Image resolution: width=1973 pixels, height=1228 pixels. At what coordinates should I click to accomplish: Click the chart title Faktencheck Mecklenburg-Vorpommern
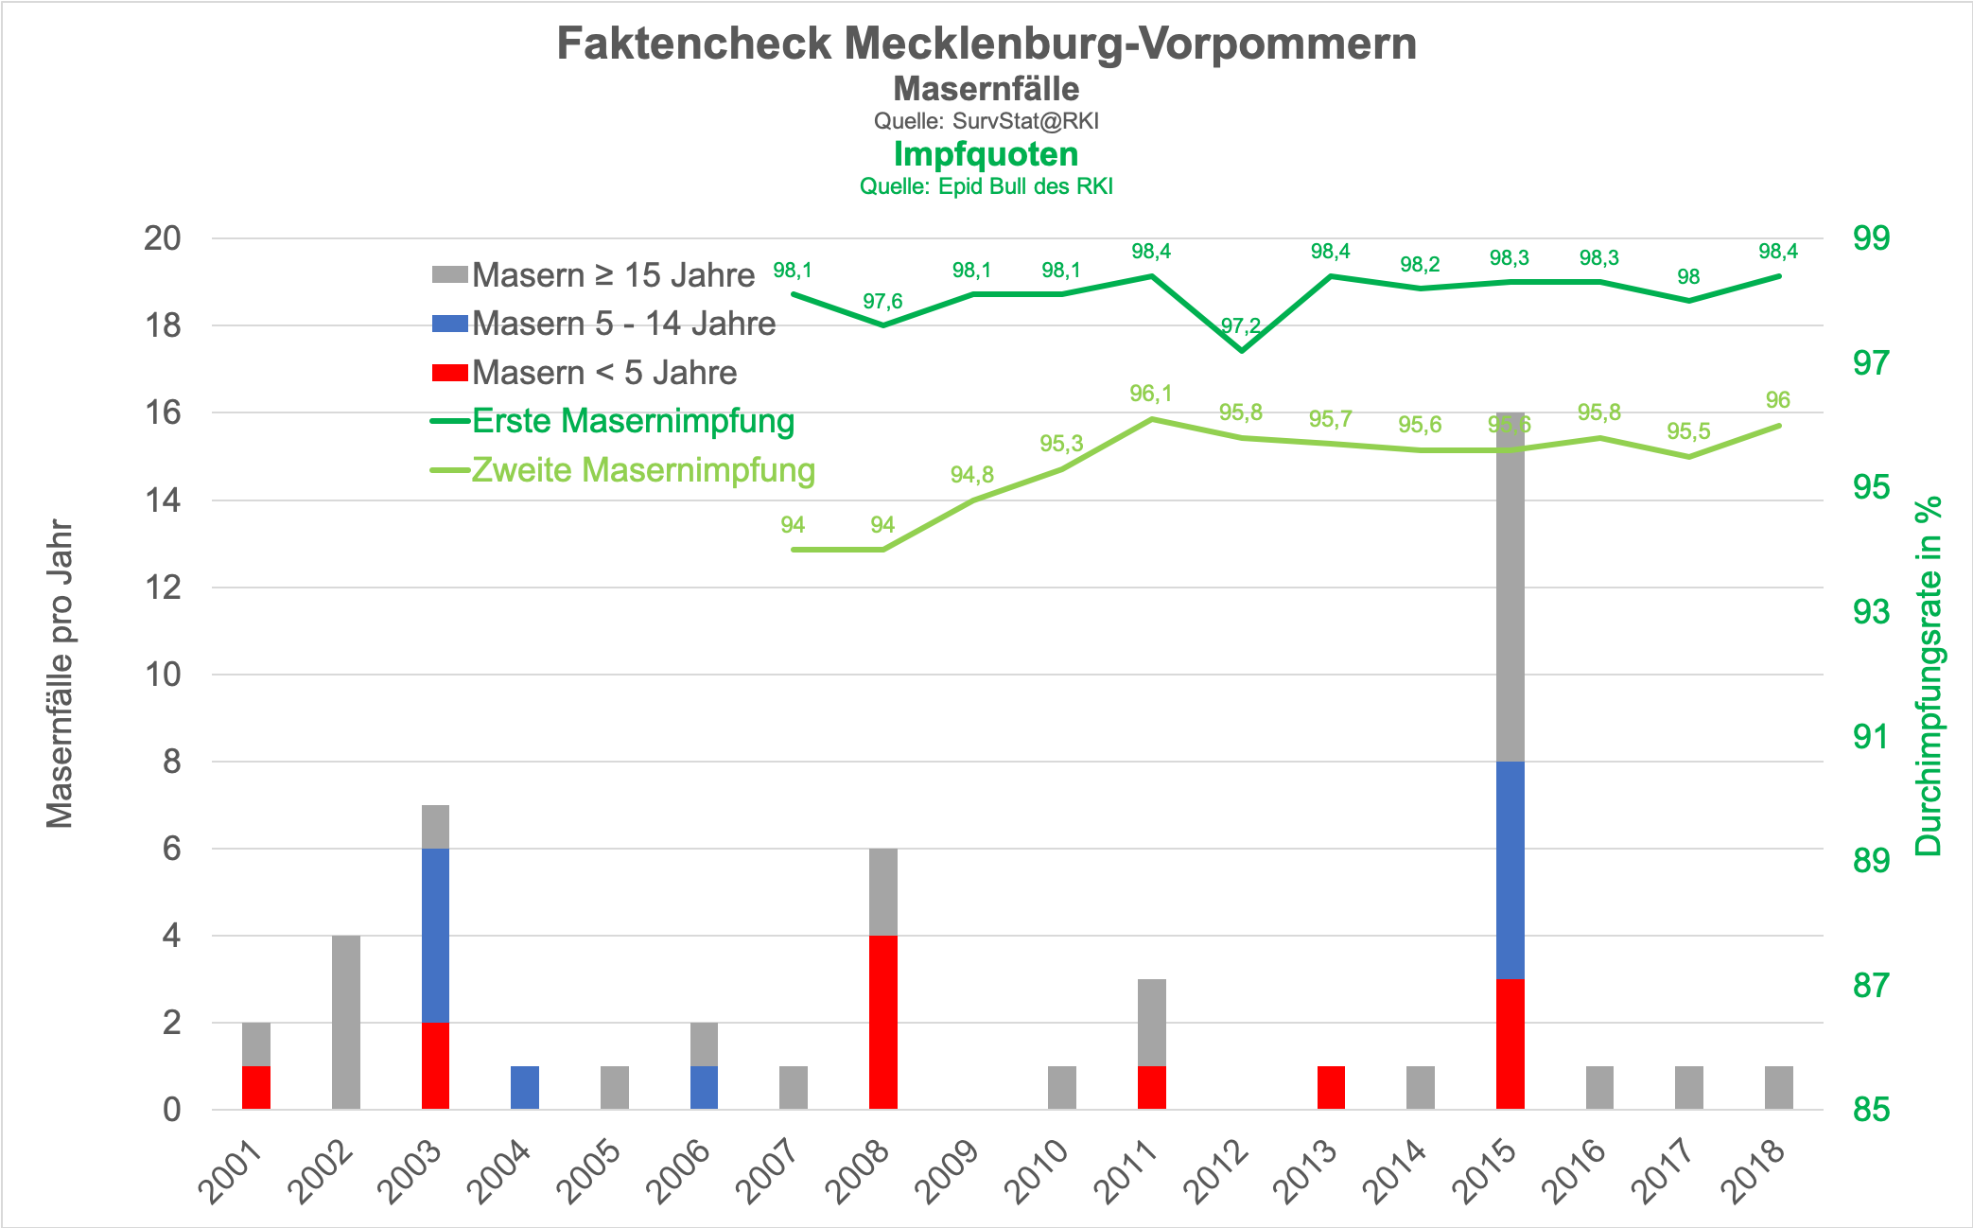tap(986, 44)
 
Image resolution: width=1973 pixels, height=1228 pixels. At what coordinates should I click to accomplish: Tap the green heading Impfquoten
tap(986, 154)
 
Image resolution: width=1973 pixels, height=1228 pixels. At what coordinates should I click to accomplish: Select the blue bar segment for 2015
tap(1510, 869)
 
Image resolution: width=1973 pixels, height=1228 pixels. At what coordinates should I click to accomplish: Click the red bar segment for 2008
tap(882, 1022)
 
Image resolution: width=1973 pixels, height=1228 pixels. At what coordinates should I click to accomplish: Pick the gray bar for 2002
tap(346, 1022)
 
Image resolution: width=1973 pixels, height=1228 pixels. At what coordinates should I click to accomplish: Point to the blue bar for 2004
tap(525, 1087)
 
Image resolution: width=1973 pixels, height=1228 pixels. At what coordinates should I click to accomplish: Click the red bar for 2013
tap(1331, 1087)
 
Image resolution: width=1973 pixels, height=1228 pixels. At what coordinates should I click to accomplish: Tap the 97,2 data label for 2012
tap(1240, 326)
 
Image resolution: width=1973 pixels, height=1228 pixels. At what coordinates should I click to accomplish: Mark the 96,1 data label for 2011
tap(1151, 394)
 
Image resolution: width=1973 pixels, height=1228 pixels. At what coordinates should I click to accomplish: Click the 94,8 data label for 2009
tap(972, 475)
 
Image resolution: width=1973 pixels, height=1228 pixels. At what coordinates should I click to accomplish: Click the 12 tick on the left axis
tap(163, 588)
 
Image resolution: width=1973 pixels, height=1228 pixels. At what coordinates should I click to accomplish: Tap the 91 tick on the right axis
tap(1871, 736)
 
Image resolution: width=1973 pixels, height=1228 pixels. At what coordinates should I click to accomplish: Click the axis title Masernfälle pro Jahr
tap(61, 674)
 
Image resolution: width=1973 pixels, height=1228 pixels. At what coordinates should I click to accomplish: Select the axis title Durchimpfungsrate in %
tap(1928, 675)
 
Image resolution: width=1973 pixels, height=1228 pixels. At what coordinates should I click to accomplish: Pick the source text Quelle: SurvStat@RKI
tap(986, 121)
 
